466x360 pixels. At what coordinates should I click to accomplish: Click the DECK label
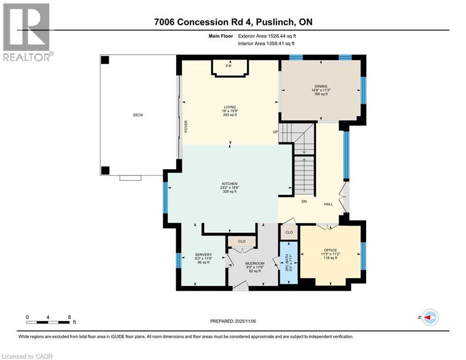(138, 115)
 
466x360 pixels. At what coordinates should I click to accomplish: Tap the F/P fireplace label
(229, 66)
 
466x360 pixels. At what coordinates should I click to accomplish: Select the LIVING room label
(230, 107)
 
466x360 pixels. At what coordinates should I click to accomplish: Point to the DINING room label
(321, 86)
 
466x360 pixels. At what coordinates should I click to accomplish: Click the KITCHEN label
(230, 184)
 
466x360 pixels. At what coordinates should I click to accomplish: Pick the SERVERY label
(203, 255)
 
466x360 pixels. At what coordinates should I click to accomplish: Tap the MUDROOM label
(255, 263)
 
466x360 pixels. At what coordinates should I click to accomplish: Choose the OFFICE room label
(331, 250)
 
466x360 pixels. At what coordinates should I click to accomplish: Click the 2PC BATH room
(289, 262)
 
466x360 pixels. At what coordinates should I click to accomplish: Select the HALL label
(328, 204)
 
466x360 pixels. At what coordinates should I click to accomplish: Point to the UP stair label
(275, 132)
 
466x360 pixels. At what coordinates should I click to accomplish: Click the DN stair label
(304, 202)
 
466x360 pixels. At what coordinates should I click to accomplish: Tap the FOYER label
(186, 127)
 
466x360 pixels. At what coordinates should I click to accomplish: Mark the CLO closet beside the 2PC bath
(289, 232)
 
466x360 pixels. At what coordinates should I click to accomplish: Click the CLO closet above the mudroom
(242, 241)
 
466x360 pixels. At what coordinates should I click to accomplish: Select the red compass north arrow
(428, 317)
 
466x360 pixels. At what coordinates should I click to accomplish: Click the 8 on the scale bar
(69, 317)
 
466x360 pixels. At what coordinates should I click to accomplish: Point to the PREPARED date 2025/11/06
(245, 321)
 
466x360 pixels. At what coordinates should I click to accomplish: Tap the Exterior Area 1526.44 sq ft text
(267, 36)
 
